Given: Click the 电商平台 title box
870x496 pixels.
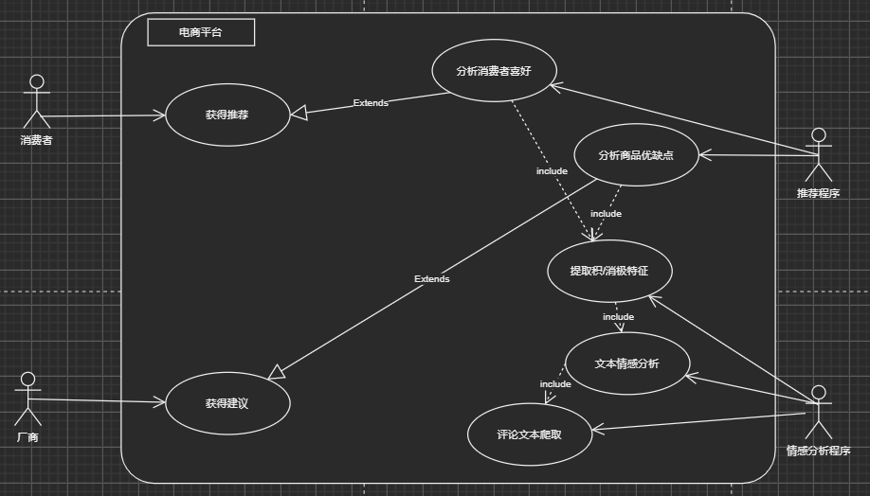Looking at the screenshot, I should click(201, 32).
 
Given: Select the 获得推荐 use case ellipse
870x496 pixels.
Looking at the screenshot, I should click(227, 115).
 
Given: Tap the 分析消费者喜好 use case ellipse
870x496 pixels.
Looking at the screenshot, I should click(493, 71).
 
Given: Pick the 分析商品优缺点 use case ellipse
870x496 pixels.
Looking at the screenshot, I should click(636, 155).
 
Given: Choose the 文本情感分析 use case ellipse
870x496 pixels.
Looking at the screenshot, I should click(626, 363).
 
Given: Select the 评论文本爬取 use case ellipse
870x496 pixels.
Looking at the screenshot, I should click(530, 435).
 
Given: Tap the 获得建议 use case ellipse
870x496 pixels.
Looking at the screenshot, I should click(227, 402).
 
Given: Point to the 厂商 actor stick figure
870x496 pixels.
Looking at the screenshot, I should click(27, 399).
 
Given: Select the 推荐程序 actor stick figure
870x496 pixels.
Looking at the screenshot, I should click(818, 155).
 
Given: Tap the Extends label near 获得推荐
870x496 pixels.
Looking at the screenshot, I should click(371, 102).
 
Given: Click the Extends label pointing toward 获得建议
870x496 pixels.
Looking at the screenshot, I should click(432, 279).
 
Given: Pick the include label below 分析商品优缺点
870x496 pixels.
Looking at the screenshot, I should click(606, 214).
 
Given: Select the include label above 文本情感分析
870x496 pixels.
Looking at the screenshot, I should click(618, 316).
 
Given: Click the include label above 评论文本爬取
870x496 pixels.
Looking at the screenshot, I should click(555, 383).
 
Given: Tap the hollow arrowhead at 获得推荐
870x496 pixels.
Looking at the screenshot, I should click(298, 114).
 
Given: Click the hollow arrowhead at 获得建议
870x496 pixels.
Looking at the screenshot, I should click(276, 372).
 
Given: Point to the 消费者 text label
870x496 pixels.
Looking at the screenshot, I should click(36, 140).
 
